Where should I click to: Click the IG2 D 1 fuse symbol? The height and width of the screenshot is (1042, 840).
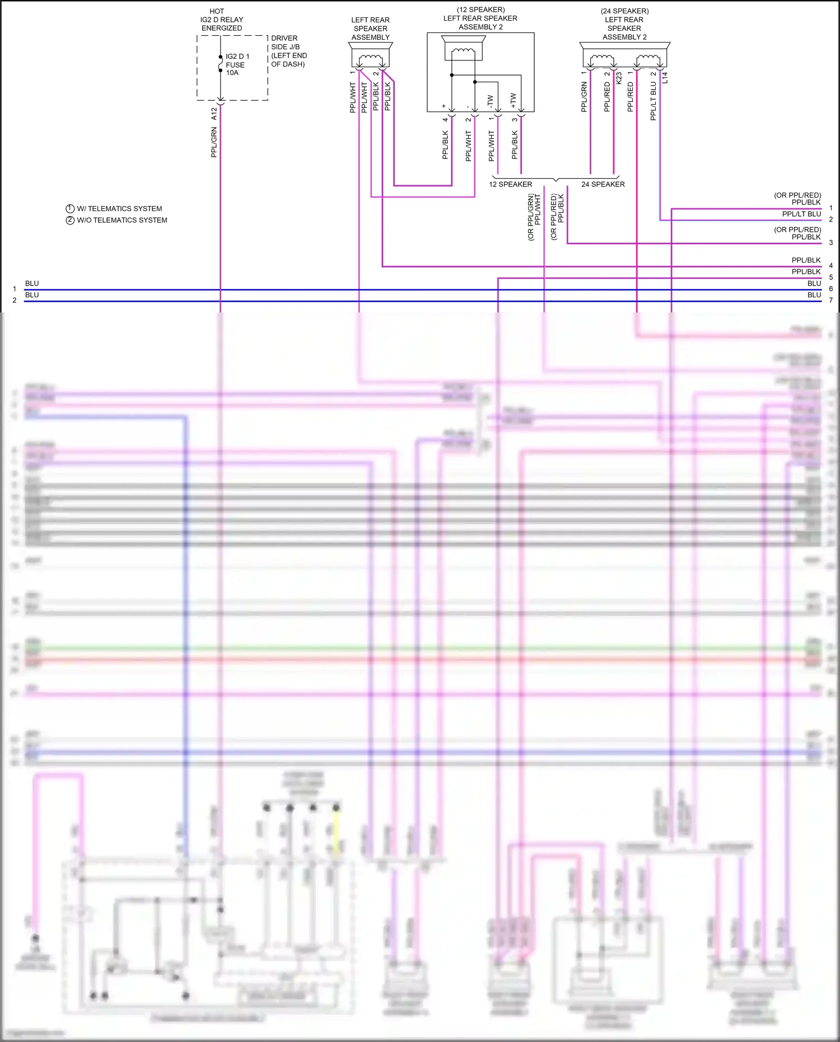tap(221, 64)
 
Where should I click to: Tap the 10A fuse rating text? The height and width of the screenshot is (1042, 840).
tap(232, 73)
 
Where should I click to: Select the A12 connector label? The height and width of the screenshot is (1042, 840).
tap(214, 114)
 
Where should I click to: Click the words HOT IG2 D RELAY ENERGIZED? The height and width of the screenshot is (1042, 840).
tap(222, 20)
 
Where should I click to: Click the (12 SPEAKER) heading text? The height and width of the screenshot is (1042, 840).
tap(480, 10)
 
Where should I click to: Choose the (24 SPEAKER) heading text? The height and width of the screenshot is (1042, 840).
tap(624, 11)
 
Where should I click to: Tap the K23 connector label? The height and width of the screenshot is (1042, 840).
tap(619, 78)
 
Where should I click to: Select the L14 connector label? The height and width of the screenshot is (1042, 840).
tap(665, 78)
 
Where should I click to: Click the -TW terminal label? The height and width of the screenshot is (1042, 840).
tap(491, 101)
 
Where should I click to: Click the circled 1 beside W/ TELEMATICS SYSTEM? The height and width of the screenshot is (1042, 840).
tap(70, 209)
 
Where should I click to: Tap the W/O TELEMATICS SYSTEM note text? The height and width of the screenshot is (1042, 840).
tap(122, 221)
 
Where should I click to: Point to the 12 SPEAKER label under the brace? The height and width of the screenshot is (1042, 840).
tap(511, 184)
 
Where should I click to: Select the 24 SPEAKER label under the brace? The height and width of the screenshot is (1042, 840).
tap(603, 184)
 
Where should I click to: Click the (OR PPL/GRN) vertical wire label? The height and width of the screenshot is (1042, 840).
tap(531, 217)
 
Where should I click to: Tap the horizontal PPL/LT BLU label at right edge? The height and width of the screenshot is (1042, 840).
tap(801, 214)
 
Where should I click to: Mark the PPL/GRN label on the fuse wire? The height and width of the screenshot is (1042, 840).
tap(214, 142)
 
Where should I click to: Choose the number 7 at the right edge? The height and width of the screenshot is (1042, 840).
tap(831, 301)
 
